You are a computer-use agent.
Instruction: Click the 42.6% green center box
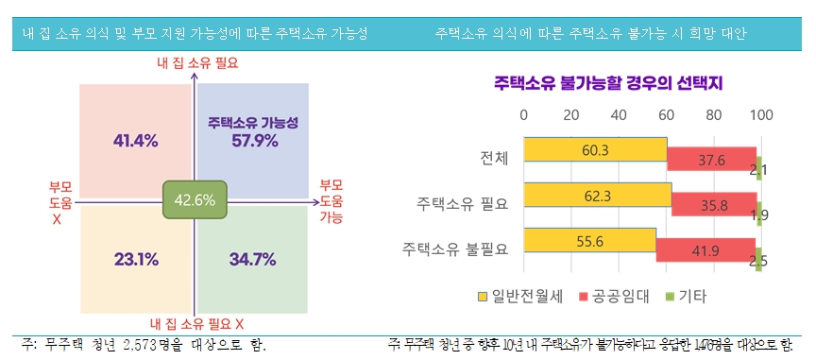pos(195,200)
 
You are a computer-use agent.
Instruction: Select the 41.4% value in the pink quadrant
pos(135,141)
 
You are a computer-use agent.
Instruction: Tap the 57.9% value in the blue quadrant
pos(254,141)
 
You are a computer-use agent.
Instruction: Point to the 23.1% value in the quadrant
pos(135,259)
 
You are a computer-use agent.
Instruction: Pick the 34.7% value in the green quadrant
pos(253,259)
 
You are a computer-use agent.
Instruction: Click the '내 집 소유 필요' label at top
pos(196,64)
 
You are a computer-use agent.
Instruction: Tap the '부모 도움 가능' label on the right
pos(331,200)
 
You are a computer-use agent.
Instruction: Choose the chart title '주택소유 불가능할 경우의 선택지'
pos(608,83)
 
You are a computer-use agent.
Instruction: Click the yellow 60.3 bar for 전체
pos(595,151)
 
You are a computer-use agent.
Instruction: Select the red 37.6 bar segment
pos(711,161)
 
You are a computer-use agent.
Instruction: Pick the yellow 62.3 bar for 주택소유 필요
pos(597,196)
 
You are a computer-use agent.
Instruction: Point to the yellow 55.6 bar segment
pos(588,241)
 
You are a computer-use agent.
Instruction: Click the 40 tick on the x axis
pos(619,114)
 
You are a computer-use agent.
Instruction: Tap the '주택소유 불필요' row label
pos(455,249)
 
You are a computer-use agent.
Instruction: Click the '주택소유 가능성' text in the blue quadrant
pos(253,123)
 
